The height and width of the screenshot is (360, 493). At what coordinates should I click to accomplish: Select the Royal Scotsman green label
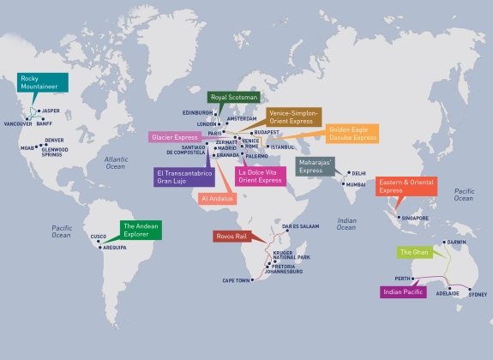click(233, 98)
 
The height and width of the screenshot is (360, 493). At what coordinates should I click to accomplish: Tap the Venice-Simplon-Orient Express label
click(294, 117)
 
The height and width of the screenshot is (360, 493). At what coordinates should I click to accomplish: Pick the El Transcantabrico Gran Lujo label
click(183, 177)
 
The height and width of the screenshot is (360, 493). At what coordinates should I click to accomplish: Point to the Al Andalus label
click(215, 198)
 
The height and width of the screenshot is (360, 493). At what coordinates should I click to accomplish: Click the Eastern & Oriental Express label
click(404, 187)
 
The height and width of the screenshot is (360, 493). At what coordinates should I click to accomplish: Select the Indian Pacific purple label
click(403, 292)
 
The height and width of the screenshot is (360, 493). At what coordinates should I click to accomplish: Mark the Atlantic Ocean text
click(116, 163)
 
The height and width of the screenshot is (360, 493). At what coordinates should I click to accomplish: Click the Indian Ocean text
click(346, 224)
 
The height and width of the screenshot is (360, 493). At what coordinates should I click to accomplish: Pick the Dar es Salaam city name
click(299, 226)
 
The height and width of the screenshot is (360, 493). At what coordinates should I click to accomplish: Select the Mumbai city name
click(356, 184)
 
